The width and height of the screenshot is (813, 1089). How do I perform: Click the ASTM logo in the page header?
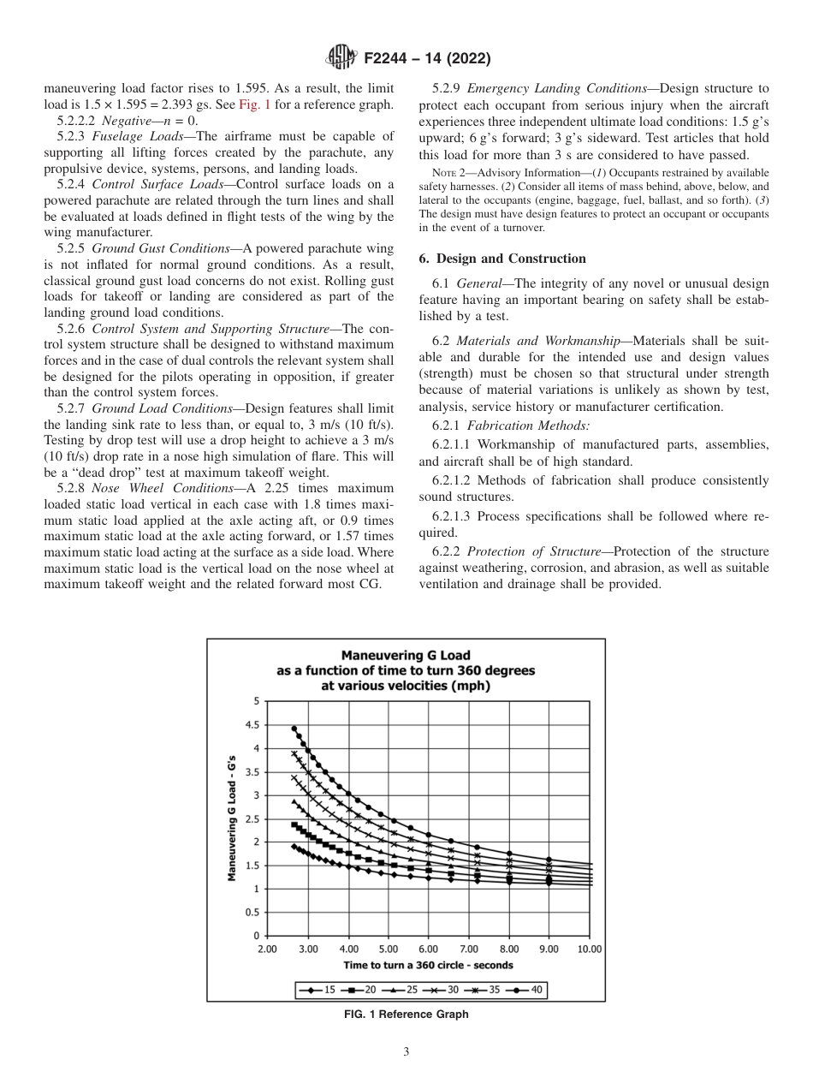(342, 58)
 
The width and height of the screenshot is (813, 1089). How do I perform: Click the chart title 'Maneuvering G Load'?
(406, 656)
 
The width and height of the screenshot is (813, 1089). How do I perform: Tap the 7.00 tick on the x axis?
(468, 949)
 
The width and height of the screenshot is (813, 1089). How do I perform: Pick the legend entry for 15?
(317, 990)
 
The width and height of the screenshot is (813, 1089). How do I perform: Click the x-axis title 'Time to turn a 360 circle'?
(428, 965)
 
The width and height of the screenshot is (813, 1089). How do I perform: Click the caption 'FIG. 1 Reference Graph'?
(406, 1015)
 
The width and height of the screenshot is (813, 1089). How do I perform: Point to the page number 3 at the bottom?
(406, 1052)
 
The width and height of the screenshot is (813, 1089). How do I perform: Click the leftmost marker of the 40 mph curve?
(294, 729)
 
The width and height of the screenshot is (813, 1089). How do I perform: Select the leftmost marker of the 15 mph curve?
(294, 846)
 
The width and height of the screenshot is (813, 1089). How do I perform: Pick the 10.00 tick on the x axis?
(589, 949)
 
